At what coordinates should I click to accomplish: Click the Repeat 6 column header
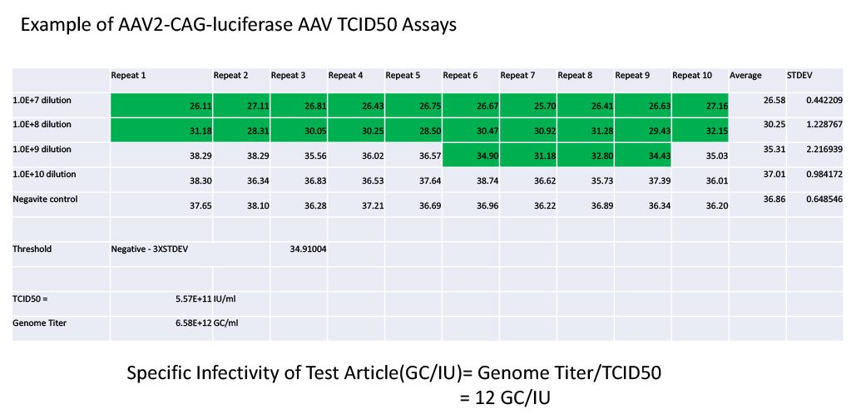(460, 76)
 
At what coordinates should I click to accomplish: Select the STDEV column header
(799, 76)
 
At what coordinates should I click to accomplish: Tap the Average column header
(745, 76)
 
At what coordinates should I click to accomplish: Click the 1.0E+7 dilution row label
(42, 101)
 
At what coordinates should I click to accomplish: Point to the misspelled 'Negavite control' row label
(45, 200)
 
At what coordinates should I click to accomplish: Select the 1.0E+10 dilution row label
(44, 174)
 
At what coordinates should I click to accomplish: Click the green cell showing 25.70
(528, 106)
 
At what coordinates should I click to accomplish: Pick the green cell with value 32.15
(700, 131)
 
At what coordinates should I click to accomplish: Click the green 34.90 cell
(471, 155)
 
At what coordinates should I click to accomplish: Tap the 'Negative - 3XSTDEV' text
(150, 249)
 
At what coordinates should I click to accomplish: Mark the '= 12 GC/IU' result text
(505, 398)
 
